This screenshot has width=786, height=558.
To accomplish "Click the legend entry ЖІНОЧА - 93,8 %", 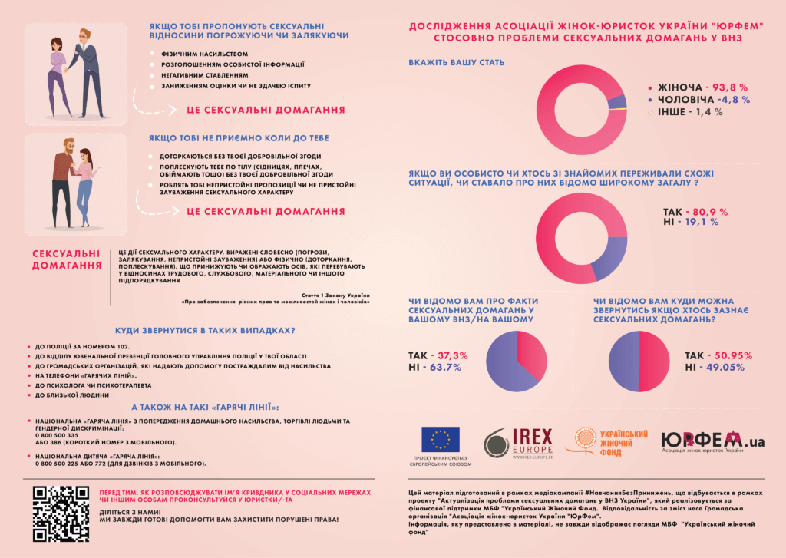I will tap(698, 87).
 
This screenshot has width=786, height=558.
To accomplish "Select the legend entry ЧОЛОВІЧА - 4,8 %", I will tap(698, 100).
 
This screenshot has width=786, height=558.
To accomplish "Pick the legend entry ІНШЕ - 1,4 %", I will tap(692, 112).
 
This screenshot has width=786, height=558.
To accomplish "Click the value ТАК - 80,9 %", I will tap(695, 211).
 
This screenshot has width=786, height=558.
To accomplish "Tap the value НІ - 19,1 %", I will tap(690, 222).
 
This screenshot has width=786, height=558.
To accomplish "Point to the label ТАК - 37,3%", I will tap(438, 356).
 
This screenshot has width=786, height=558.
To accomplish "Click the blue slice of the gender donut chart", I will tap(612, 102).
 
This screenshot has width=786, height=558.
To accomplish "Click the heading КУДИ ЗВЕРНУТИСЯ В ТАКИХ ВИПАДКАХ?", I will tap(205, 331).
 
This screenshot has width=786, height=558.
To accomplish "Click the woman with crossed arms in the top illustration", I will tap(57, 73).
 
